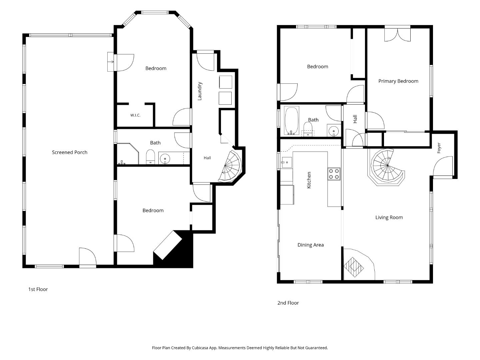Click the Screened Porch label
tap(70, 152)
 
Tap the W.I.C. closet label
tap(135, 115)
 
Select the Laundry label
tap(200, 91)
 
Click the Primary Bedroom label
tap(398, 81)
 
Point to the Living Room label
tap(389, 217)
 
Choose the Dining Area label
tap(311, 245)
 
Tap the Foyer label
tap(439, 148)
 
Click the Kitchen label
tap(309, 180)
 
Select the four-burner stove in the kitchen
tap(334, 174)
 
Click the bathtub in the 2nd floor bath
tap(291, 120)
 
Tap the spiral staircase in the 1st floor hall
tap(231, 167)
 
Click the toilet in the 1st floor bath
tap(150, 157)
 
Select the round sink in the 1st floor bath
tap(165, 158)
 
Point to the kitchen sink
tap(287, 162)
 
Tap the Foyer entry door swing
tap(443, 166)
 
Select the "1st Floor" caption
tap(38, 289)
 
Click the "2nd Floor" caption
tap(288, 303)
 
